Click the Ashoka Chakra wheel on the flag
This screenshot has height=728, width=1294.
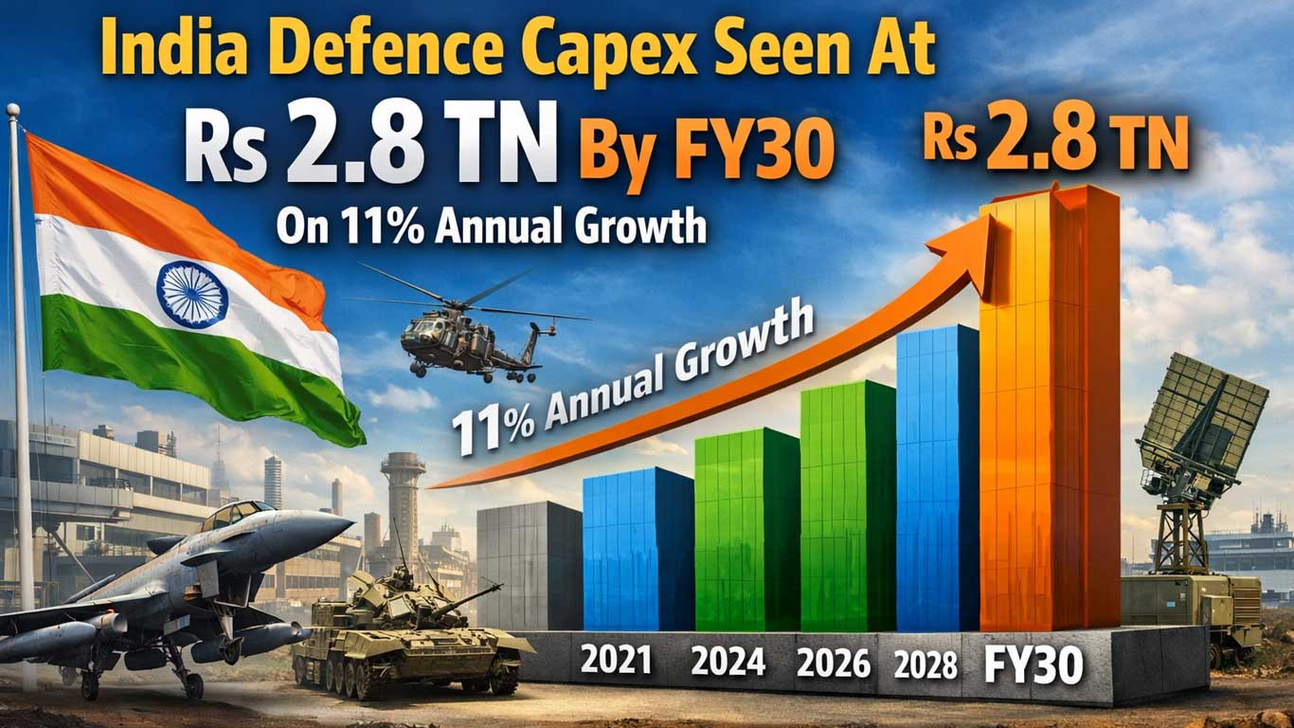pos(192,294)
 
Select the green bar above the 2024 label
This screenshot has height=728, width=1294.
pos(747,530)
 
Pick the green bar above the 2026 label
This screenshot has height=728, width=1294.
pos(848,506)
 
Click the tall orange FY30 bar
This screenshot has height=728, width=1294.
pos(1050,408)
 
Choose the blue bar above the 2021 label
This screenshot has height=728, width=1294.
pos(638,549)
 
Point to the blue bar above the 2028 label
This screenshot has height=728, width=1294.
pos(938,478)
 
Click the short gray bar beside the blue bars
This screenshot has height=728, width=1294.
pos(530,566)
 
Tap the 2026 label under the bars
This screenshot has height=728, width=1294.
pos(833,663)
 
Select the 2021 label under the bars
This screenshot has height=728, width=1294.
pos(616,660)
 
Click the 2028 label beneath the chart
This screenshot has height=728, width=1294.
pos(925,665)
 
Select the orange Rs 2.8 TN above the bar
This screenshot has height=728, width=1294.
pos(1055,141)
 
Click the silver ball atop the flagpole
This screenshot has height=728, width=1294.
pos(12,109)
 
